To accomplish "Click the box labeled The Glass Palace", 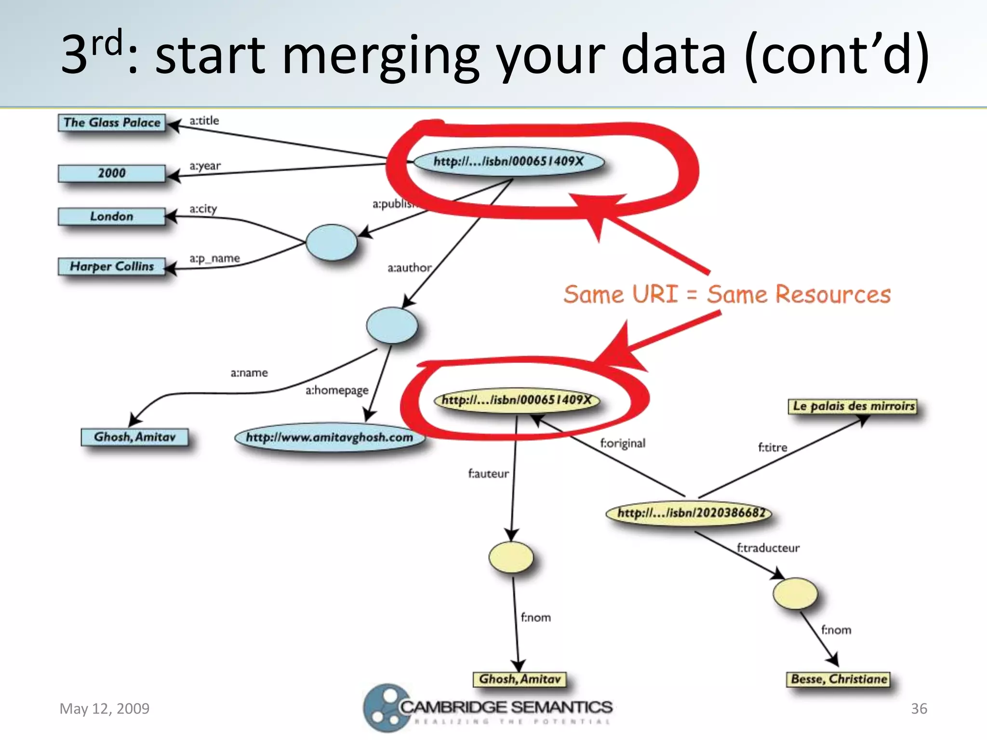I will coord(112,122).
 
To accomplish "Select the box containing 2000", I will coord(112,173).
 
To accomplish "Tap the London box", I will coord(112,216).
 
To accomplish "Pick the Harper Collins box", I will coord(112,266).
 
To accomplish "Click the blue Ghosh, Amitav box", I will coord(134,437).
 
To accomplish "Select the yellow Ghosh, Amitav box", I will coord(520,679).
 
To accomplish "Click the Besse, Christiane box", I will coord(839,679).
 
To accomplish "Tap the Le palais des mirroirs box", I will coord(854,406).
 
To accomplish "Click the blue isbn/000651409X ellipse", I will coord(509,161).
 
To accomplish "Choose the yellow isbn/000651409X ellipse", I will coord(517,400).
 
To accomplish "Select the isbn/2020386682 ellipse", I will coord(689,513).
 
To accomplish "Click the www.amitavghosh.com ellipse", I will coord(330,437).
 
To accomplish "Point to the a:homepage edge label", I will coord(337,390).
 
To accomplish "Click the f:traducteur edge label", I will coord(768,548).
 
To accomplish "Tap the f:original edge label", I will coord(623,443).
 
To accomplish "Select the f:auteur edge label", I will coord(488,474).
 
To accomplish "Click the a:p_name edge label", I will coord(214,259).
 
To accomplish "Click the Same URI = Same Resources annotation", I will coord(727,294).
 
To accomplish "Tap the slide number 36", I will coord(919,709).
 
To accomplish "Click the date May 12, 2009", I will coord(105,709).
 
